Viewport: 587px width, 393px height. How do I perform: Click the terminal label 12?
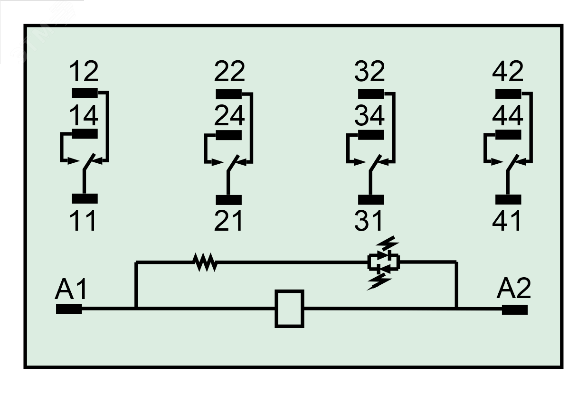tap(84, 72)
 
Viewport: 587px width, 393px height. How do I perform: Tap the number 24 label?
tap(229, 115)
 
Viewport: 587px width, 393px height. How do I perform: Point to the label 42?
tap(508, 72)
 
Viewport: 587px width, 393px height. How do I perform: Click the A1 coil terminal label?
tap(71, 289)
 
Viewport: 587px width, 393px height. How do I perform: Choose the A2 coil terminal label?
tap(514, 288)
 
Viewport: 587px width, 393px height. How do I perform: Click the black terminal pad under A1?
tap(69, 309)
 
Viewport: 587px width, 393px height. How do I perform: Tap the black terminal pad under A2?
tap(515, 309)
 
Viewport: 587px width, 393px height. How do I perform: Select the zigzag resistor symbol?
tap(205, 262)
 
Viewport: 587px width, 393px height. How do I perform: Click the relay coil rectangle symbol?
tap(289, 309)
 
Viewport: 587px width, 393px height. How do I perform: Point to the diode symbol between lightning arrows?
tap(383, 262)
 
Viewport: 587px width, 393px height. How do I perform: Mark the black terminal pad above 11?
tap(85, 198)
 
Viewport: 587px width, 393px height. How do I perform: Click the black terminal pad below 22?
tap(229, 94)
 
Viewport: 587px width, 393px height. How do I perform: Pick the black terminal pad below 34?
tap(371, 135)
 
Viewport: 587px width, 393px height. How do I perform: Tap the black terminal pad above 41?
tap(508, 199)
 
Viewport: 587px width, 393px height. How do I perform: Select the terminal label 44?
tap(508, 115)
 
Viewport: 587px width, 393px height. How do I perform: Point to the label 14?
tap(84, 115)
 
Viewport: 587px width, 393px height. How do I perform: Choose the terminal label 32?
tap(369, 72)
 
